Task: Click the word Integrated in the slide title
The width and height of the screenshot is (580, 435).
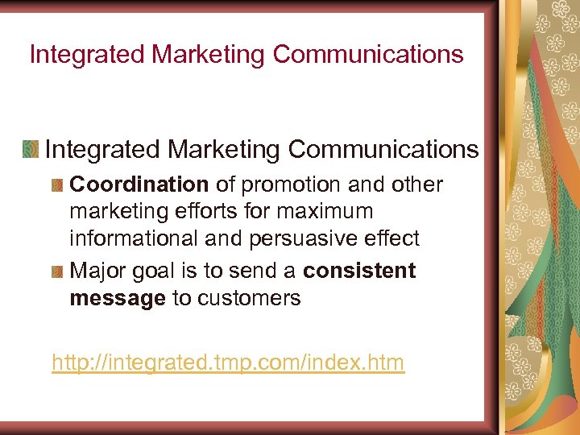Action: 87,55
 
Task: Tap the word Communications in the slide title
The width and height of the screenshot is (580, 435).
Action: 368,55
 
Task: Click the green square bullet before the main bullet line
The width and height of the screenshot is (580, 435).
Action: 31,149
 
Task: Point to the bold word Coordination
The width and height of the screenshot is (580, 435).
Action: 139,184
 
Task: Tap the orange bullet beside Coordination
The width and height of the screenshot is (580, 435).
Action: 56,185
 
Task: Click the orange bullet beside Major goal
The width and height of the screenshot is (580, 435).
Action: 56,271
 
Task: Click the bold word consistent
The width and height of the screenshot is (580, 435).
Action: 359,271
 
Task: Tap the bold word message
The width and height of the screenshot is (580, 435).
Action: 118,299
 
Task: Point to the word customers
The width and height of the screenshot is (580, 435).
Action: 249,299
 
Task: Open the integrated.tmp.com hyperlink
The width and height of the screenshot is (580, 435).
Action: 228,363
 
